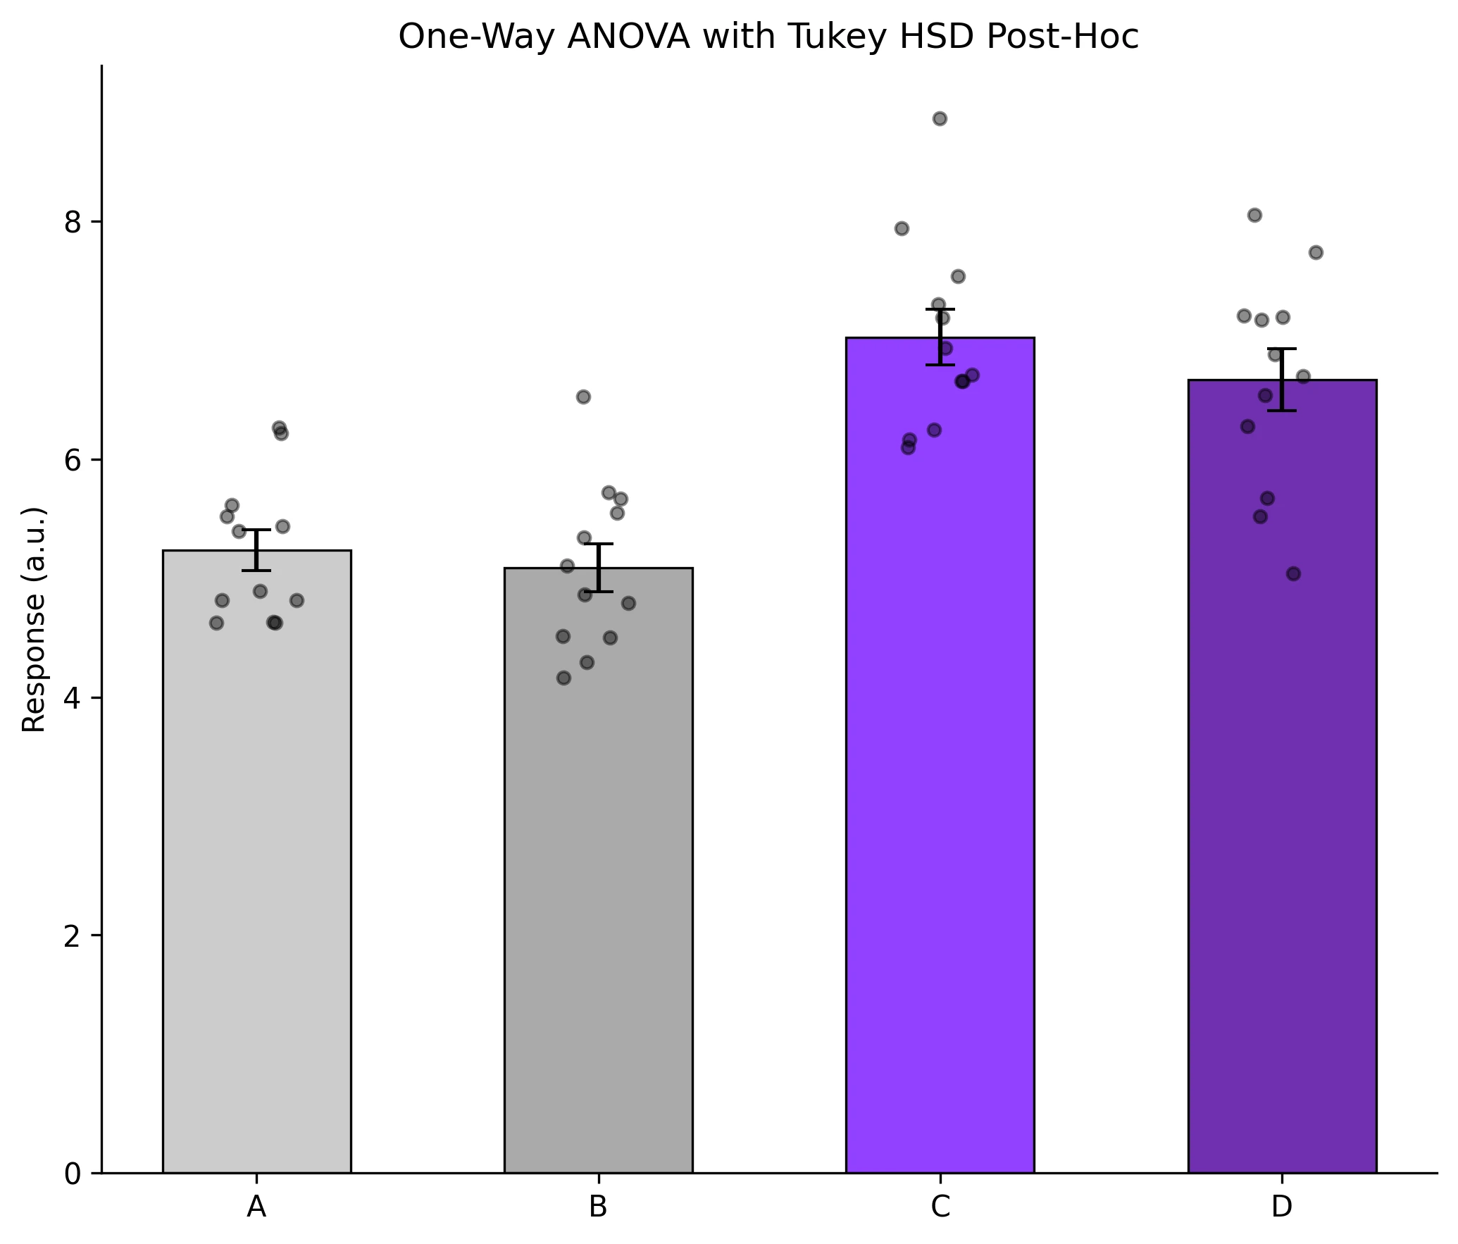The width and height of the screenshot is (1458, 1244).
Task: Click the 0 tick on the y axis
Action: (73, 1174)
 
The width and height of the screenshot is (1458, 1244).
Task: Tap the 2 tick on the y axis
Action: (73, 935)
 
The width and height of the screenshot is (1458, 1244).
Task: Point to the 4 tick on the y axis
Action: (73, 698)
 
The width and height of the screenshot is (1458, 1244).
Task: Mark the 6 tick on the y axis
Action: (73, 460)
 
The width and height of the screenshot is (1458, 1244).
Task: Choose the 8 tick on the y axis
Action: (73, 222)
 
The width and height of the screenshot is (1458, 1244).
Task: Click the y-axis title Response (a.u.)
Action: (34, 619)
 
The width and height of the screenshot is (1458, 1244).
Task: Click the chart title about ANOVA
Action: (768, 37)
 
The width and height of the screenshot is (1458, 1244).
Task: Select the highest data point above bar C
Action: (940, 118)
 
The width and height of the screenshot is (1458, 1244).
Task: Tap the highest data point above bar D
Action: (1254, 215)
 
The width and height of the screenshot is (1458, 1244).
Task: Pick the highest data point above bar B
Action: (583, 397)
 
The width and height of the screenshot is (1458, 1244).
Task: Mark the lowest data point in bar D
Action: (1293, 573)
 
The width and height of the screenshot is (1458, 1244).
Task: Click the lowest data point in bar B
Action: (563, 678)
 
